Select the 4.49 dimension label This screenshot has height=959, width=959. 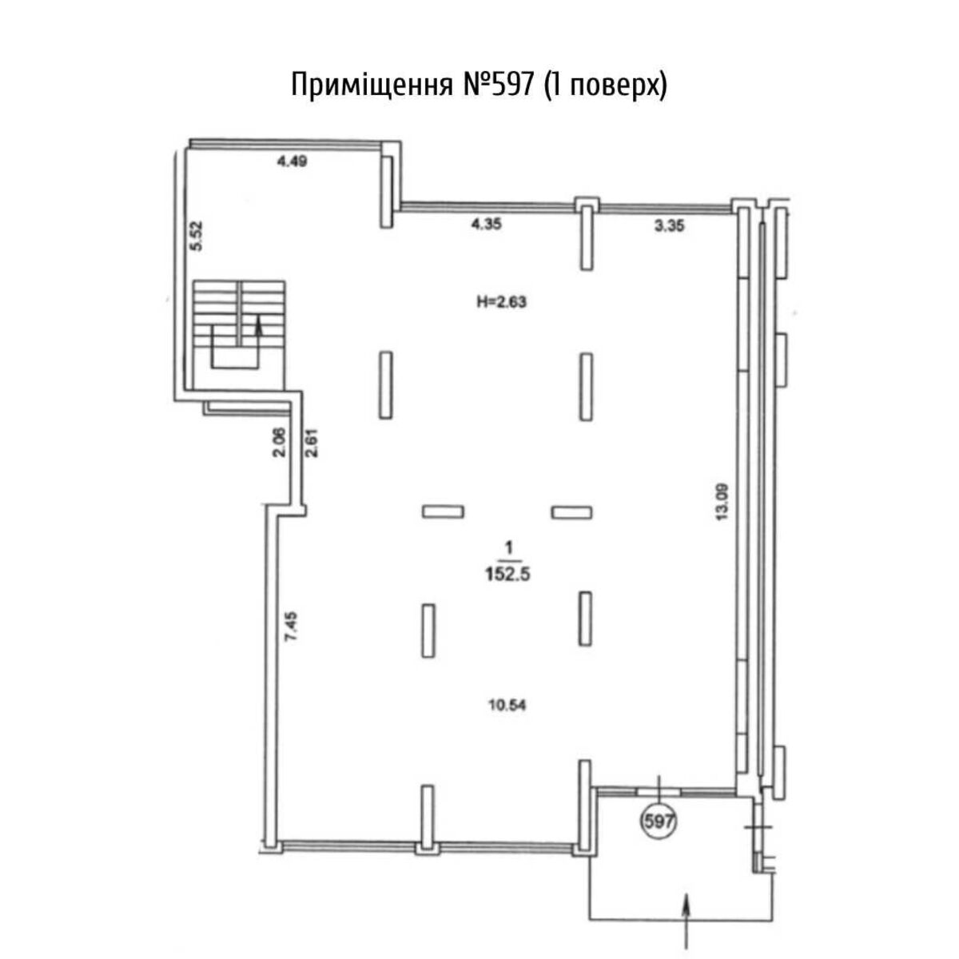292,161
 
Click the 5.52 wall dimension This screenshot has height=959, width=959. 197,236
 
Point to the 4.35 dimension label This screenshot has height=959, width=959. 487,225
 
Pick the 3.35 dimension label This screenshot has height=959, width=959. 669,226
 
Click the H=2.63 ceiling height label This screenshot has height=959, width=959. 502,302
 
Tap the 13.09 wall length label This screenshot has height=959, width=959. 722,502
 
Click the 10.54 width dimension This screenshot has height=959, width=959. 507,705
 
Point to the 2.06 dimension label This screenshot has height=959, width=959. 281,443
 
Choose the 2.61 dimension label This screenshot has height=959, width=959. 312,443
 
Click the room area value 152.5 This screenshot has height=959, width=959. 507,575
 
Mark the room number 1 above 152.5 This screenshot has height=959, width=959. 508,548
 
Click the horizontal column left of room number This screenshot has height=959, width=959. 443,511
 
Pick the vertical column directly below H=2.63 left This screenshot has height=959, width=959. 386,385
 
